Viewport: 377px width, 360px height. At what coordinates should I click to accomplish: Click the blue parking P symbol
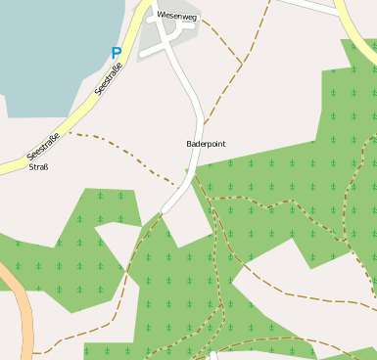point(117,54)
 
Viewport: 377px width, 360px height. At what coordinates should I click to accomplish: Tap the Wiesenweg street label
point(177,15)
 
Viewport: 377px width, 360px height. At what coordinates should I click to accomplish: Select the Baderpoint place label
point(206,144)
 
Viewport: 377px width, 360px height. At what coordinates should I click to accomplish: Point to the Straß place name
point(39,166)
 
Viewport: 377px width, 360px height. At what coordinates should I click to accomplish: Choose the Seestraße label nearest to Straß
point(43,147)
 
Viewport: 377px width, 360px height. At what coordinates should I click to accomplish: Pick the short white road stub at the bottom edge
point(212,354)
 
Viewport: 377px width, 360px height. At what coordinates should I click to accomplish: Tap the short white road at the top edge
point(304,5)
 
